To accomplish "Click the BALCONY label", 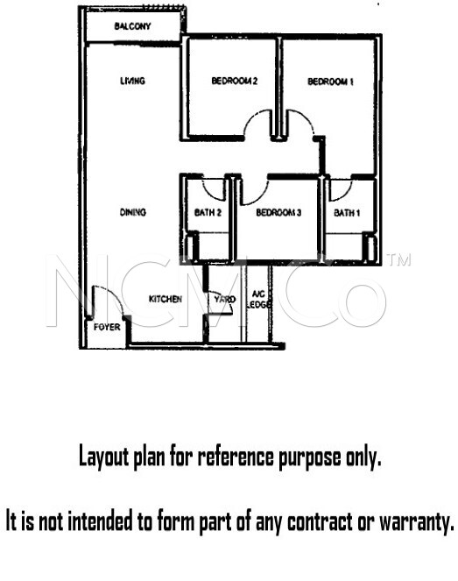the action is pyautogui.click(x=132, y=26).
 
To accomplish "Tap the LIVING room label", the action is pyautogui.click(x=132, y=81).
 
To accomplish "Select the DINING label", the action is pyautogui.click(x=133, y=212).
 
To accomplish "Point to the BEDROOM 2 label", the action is pyautogui.click(x=234, y=81).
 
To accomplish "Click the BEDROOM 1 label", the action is pyautogui.click(x=330, y=81).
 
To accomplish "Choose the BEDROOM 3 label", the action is pyautogui.click(x=278, y=212).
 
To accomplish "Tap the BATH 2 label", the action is pyautogui.click(x=208, y=212).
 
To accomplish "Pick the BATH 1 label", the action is pyautogui.click(x=347, y=213).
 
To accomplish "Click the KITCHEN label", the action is pyautogui.click(x=166, y=299).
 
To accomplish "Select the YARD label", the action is pyautogui.click(x=224, y=299).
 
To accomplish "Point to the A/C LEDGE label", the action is pyautogui.click(x=259, y=299).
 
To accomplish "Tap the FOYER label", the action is pyautogui.click(x=107, y=327).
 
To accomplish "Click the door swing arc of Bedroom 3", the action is pyautogui.click(x=260, y=196).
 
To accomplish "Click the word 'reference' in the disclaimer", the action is pyautogui.click(x=235, y=457).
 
